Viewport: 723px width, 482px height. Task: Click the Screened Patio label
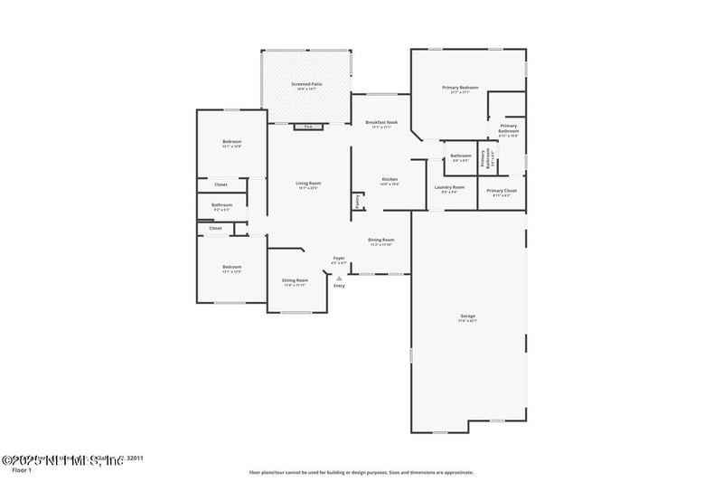(306, 84)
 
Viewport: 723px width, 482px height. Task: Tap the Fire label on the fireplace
(308, 127)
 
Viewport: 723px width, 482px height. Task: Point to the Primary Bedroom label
(460, 88)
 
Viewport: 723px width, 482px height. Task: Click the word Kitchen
(390, 179)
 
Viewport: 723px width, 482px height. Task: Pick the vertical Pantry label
(358, 202)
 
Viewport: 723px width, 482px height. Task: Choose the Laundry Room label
(448, 187)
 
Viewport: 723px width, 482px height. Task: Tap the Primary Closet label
(502, 191)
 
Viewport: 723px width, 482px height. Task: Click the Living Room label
(308, 184)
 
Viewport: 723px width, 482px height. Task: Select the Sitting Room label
(296, 280)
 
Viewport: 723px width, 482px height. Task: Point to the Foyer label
(339, 259)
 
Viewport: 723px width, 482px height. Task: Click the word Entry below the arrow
(339, 286)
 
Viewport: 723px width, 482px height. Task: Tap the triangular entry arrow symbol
(339, 278)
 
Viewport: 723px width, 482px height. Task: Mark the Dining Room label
(380, 240)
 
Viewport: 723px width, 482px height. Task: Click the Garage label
(467, 316)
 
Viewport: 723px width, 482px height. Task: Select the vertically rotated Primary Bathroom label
(489, 160)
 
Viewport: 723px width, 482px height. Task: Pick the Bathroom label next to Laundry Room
(461, 156)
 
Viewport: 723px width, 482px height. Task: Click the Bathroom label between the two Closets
(222, 205)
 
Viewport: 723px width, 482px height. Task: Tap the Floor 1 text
(22, 470)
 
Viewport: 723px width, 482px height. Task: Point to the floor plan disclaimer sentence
(361, 472)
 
